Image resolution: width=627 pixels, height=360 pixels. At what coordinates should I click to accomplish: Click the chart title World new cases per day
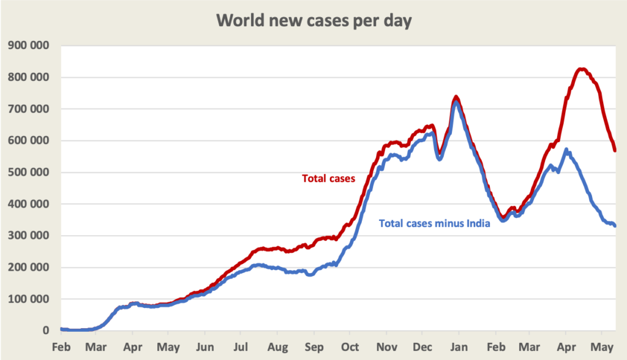pyautogui.click(x=314, y=20)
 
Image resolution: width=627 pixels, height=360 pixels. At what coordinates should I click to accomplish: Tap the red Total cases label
pyautogui.click(x=328, y=179)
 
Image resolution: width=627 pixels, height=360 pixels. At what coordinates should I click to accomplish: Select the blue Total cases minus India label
pyautogui.click(x=435, y=223)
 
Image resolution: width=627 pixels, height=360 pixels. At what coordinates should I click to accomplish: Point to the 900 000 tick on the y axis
pyautogui.click(x=29, y=46)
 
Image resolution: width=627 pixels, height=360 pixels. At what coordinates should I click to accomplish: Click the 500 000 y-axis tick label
pyautogui.click(x=29, y=173)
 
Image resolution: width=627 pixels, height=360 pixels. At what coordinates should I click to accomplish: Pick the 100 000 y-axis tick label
pyautogui.click(x=29, y=299)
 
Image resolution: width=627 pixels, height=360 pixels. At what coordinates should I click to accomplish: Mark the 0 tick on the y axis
pyautogui.click(x=45, y=331)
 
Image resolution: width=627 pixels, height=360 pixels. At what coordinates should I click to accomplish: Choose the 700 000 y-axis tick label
pyautogui.click(x=29, y=109)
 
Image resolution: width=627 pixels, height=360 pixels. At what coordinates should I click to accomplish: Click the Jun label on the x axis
pyautogui.click(x=205, y=347)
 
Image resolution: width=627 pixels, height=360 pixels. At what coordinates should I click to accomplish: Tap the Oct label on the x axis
pyautogui.click(x=350, y=347)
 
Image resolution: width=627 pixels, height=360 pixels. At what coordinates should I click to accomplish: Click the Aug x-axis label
pyautogui.click(x=277, y=347)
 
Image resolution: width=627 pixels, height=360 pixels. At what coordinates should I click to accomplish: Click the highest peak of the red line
pyautogui.click(x=582, y=69)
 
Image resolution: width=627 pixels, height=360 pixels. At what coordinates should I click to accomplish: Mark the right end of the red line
pyautogui.click(x=614, y=149)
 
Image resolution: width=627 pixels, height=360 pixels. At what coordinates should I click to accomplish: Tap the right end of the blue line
pyautogui.click(x=615, y=225)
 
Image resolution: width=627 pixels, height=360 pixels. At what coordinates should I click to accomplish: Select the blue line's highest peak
pyautogui.click(x=456, y=102)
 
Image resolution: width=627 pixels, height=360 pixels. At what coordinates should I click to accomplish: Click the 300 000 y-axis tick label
pyautogui.click(x=29, y=236)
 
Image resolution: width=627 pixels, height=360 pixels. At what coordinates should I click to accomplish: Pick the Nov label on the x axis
pyautogui.click(x=386, y=347)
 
